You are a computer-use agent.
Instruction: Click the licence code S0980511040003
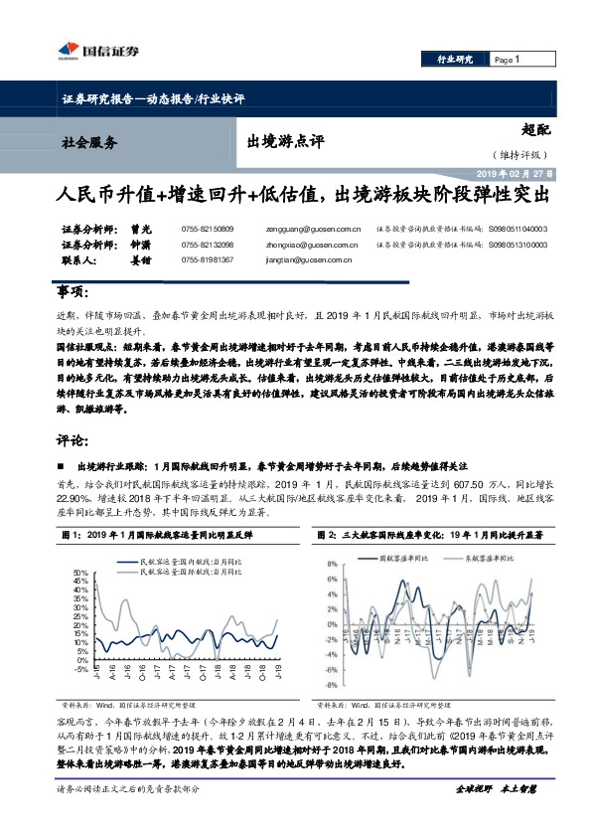pyautogui.click(x=517, y=229)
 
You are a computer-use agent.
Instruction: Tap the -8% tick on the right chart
pyautogui.click(x=337, y=685)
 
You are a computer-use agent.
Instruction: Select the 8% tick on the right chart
pyautogui.click(x=338, y=565)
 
